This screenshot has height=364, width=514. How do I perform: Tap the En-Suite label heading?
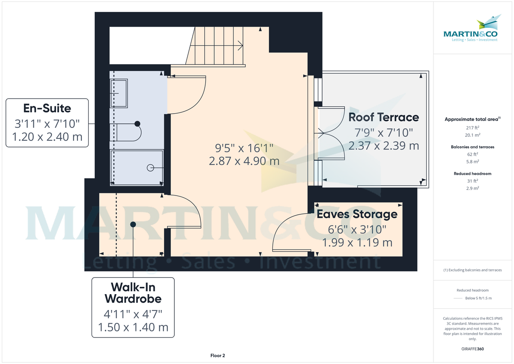(47, 108)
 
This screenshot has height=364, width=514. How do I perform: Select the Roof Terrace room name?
(383, 117)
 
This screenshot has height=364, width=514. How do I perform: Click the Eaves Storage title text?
(357, 214)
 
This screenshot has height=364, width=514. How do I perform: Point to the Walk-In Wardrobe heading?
(133, 292)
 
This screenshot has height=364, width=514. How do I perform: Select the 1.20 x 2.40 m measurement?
(47, 138)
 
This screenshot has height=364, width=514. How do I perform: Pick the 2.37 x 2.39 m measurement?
(383, 146)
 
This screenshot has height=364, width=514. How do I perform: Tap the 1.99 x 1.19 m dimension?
(357, 243)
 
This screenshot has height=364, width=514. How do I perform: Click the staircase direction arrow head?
(241, 45)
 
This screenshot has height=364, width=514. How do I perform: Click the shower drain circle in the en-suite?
(150, 168)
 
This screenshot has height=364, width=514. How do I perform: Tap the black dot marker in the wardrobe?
(133, 224)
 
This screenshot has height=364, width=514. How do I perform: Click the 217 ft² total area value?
(472, 127)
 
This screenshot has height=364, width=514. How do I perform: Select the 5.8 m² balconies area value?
(472, 162)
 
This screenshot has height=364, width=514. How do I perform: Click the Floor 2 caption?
(218, 355)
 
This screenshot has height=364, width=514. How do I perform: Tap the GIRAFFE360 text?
(472, 349)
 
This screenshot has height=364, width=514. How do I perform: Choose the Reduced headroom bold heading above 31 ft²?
(472, 174)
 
